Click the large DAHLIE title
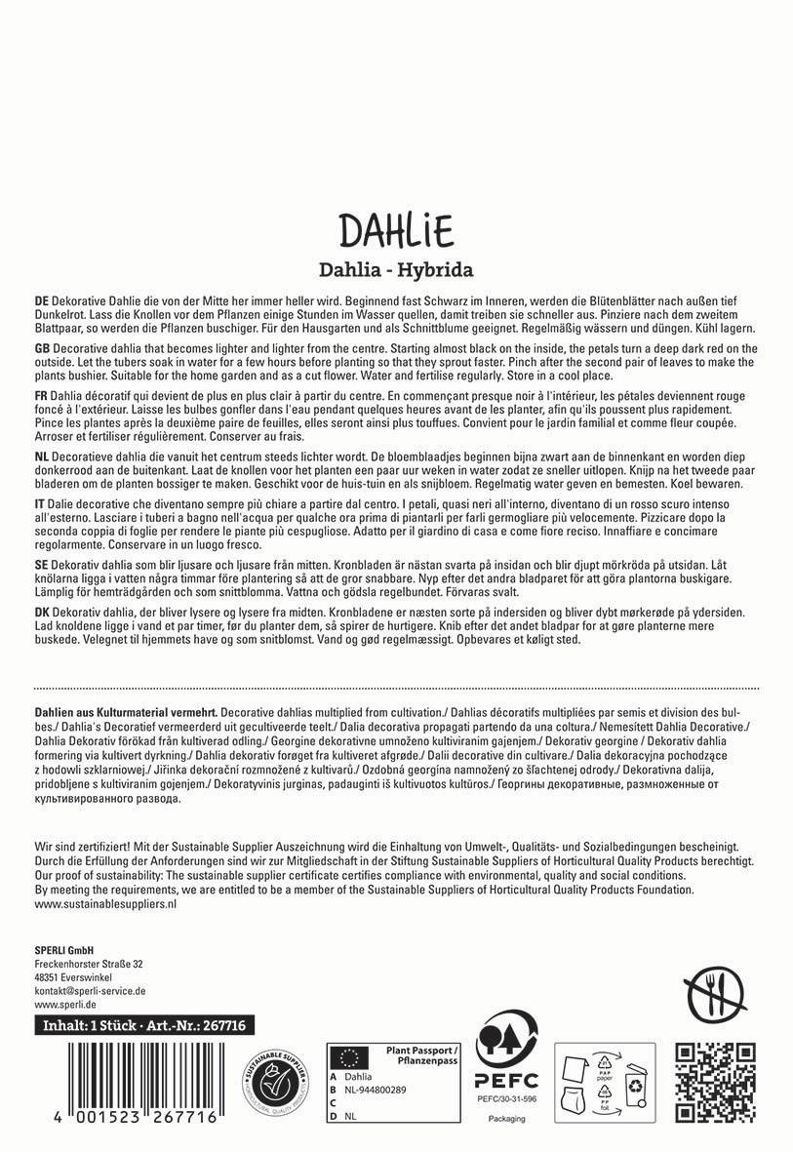[396, 231]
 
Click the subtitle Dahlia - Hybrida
[396, 268]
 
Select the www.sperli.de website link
[64, 1003]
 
